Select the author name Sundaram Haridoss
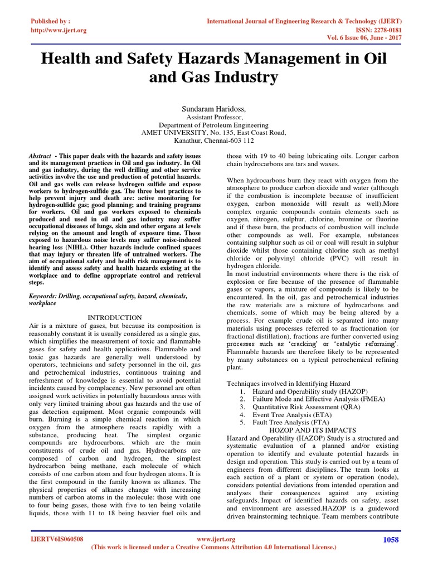214,107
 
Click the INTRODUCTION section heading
115,317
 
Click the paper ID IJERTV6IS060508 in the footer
57,540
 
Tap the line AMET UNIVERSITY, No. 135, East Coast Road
214,133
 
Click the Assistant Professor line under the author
214,117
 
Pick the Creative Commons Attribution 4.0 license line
213,548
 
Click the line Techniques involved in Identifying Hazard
288,384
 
